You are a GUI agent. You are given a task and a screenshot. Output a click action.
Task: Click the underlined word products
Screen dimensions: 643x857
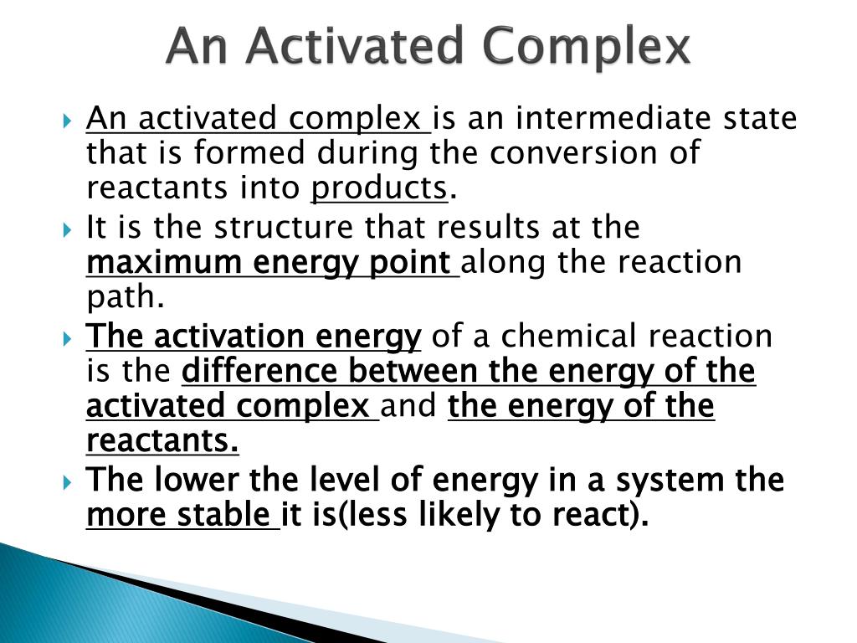[379, 189]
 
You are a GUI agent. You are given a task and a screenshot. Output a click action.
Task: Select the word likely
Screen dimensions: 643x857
[459, 517]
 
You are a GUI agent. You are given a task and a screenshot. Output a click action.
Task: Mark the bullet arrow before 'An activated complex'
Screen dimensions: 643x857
[69, 120]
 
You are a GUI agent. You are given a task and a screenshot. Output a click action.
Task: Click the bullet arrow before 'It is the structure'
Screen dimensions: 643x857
[69, 228]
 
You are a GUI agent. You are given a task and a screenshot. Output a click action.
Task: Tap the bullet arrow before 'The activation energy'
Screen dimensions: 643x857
[69, 337]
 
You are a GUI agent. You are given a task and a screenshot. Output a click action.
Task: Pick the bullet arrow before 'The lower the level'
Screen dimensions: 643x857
[69, 481]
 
